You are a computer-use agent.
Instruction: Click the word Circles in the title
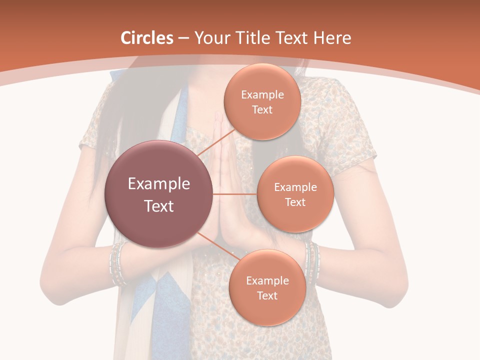[147, 38]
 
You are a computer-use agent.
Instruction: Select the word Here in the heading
[332, 38]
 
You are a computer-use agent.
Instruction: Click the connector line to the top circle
[216, 143]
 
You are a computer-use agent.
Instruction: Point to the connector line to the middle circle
[235, 194]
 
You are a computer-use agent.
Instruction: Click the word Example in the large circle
[159, 184]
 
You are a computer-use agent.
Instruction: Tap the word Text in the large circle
[159, 206]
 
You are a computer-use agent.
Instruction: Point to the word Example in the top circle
[262, 94]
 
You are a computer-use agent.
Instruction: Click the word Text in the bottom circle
[267, 295]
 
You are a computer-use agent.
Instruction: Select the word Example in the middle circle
[295, 187]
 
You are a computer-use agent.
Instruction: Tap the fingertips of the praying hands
[218, 117]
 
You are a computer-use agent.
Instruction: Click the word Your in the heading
[210, 38]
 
